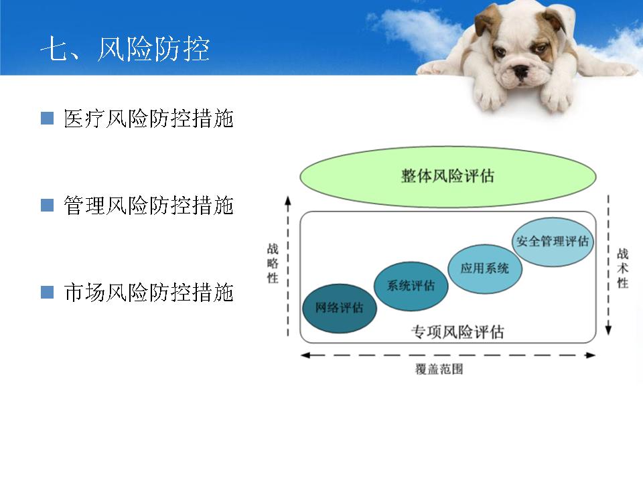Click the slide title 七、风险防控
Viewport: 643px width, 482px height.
point(125,49)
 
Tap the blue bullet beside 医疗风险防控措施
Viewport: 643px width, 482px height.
point(47,118)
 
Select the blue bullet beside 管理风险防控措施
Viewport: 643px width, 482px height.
point(47,205)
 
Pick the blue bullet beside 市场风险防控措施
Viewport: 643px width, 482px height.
point(47,293)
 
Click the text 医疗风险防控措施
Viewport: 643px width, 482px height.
point(149,118)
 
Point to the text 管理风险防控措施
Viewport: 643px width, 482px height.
point(149,206)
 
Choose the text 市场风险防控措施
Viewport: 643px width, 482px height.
point(149,293)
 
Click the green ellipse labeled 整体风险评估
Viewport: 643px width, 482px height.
point(448,177)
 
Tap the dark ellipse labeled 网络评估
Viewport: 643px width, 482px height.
point(340,308)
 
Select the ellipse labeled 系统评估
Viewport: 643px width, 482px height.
point(411,286)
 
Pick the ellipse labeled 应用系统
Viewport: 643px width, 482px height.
point(485,268)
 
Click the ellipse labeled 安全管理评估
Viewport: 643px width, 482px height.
point(553,242)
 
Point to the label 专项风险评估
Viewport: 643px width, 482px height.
point(457,331)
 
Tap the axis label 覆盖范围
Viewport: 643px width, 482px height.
point(439,369)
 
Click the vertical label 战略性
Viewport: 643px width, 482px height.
point(273,263)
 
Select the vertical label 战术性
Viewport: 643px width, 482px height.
point(622,268)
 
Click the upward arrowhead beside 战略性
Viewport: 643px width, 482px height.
point(288,200)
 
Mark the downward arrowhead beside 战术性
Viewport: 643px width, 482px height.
point(609,330)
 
